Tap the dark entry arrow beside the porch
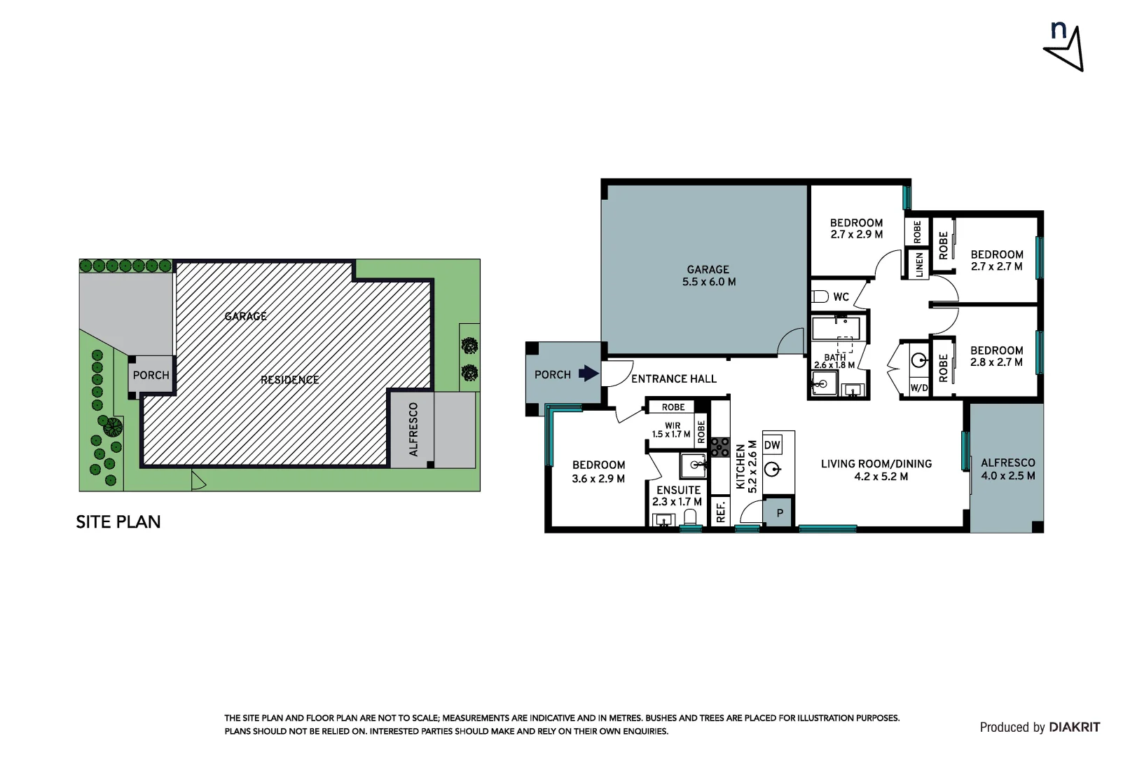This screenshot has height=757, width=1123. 588,374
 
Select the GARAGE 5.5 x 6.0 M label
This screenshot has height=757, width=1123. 708,276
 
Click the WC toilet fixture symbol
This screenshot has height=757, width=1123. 820,296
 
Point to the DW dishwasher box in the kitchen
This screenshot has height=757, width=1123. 772,445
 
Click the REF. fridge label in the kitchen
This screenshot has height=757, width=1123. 720,512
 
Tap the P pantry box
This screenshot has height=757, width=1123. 778,512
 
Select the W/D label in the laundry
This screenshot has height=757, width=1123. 918,388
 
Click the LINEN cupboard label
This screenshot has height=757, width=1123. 919,265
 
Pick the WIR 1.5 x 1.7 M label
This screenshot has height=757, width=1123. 671,430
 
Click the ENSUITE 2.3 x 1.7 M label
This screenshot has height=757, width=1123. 677,496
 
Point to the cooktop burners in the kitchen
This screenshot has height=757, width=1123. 720,447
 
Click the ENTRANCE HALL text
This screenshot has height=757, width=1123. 673,379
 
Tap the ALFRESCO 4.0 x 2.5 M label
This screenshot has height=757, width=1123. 1007,469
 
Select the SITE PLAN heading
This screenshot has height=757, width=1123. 118,522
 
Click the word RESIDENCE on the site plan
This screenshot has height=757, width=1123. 290,380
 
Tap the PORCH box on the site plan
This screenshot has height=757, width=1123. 151,375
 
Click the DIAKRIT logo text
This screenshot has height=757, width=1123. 1075,728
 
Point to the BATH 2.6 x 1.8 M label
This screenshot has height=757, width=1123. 834,361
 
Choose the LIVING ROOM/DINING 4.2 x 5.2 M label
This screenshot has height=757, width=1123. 876,470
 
